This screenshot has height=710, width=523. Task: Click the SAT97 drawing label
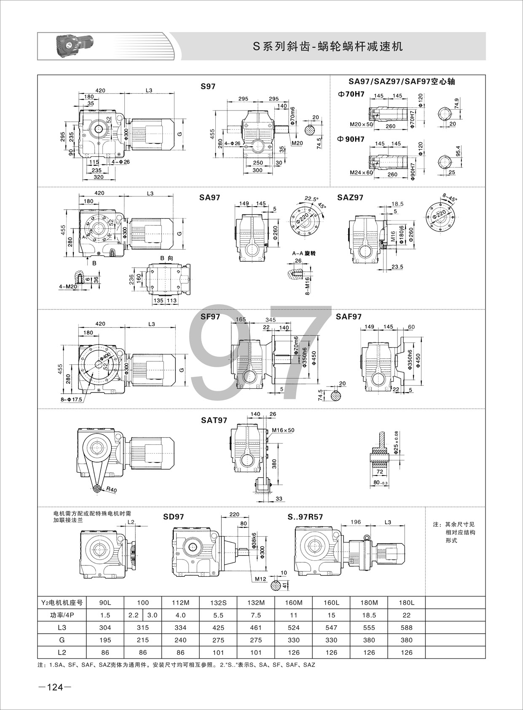coord(214,420)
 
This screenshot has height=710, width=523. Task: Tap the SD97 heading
coord(173,516)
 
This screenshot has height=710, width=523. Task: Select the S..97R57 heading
coord(305,516)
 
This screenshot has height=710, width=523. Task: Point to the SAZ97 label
coord(350,197)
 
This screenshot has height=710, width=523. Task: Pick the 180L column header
coord(406,602)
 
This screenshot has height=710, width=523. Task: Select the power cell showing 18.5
coord(369,615)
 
